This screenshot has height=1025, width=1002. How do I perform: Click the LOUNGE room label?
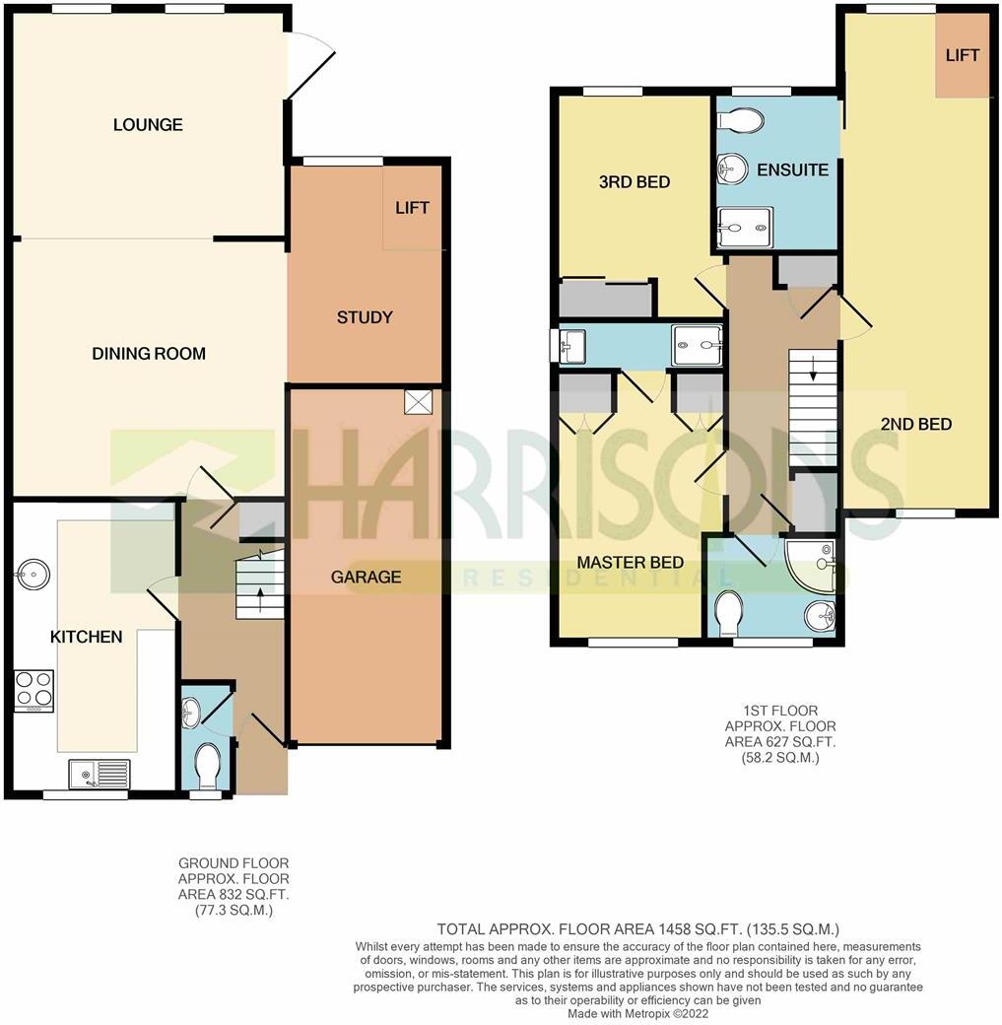click(x=148, y=125)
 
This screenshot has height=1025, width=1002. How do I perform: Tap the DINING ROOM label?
click(x=149, y=354)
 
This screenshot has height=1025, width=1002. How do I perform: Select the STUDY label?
click(x=365, y=317)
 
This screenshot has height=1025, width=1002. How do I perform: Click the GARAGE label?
click(x=366, y=577)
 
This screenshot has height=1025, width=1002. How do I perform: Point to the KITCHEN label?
click(x=87, y=637)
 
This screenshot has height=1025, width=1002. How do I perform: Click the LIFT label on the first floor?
click(x=962, y=55)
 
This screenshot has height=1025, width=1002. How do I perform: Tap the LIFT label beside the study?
click(x=412, y=208)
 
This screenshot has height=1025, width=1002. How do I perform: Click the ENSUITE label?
click(x=792, y=170)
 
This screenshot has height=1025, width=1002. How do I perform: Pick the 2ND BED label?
click(x=916, y=424)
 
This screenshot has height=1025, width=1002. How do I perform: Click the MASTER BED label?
click(x=631, y=563)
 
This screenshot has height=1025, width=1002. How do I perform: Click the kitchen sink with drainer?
click(x=99, y=774)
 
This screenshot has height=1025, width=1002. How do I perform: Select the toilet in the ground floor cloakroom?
click(x=207, y=764)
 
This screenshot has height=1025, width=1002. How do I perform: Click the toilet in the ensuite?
click(x=740, y=120)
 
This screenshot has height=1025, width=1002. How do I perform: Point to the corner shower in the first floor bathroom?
click(x=814, y=564)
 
